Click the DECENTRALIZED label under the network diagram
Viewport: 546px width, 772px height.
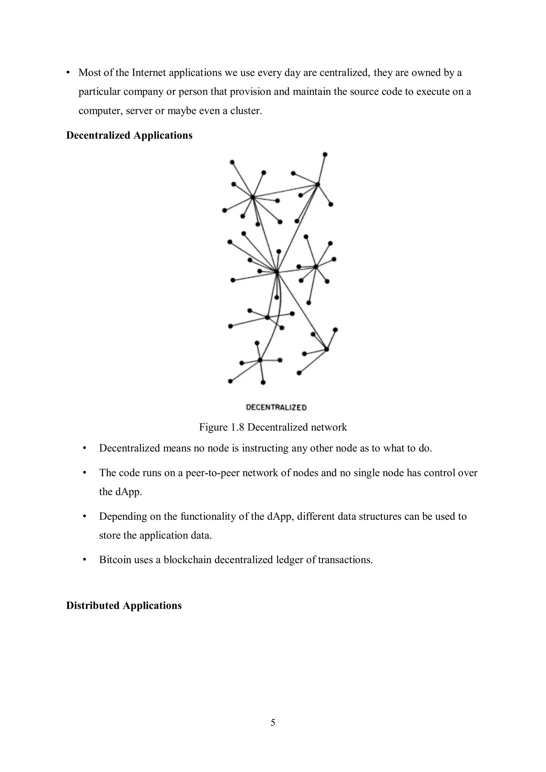(276, 407)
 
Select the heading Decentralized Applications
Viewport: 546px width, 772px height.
(129, 135)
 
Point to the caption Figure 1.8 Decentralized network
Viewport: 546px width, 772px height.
(273, 427)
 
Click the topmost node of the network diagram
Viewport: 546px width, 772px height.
(325, 155)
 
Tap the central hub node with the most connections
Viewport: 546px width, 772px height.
(276, 272)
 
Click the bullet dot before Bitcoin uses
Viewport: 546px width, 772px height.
(85, 560)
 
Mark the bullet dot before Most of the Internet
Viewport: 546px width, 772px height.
(68, 73)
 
